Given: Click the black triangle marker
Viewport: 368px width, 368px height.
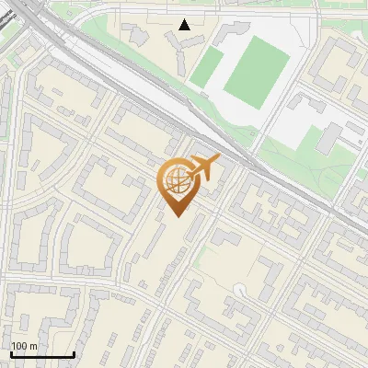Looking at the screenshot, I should point(185,24).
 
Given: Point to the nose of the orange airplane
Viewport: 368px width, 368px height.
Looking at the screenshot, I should point(220,157).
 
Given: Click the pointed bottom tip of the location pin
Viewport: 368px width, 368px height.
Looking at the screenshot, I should point(176,216).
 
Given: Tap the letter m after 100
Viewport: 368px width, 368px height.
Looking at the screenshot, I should point(34,346).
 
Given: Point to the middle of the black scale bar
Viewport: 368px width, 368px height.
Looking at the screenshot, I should point(42,354).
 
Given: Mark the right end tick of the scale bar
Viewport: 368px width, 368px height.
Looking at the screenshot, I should point(74,353).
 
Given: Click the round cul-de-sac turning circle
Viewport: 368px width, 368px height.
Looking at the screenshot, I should point(240,290).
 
